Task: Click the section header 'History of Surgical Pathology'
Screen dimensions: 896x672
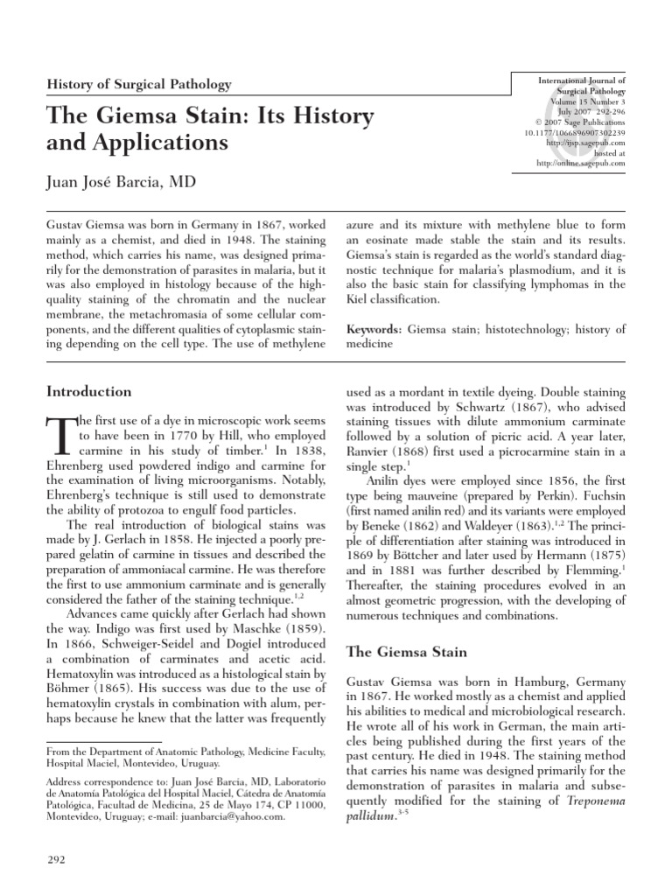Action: pos(138,85)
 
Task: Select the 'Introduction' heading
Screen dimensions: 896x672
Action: pos(88,392)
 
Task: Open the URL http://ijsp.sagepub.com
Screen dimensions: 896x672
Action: pos(584,143)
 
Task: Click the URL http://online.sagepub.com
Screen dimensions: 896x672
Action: pos(580,163)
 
